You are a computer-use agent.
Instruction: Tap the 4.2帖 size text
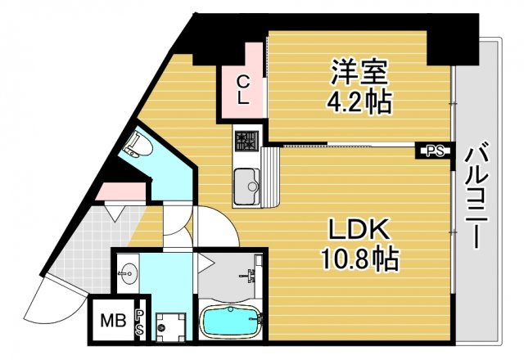359,101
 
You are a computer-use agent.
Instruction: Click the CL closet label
243,90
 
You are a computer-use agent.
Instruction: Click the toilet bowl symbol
136,147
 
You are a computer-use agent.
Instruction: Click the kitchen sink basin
246,185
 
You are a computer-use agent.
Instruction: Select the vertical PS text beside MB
140,322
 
